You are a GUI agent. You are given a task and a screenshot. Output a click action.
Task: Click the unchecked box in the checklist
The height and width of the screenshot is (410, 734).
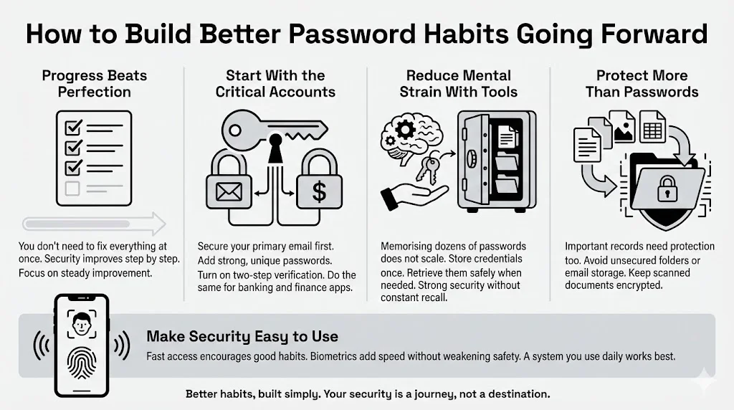tap(72, 189)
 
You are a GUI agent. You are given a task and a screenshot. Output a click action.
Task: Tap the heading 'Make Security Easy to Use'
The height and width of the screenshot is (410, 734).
tap(242, 336)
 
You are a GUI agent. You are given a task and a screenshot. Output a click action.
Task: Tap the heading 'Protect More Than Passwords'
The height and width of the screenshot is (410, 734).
tap(642, 83)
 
